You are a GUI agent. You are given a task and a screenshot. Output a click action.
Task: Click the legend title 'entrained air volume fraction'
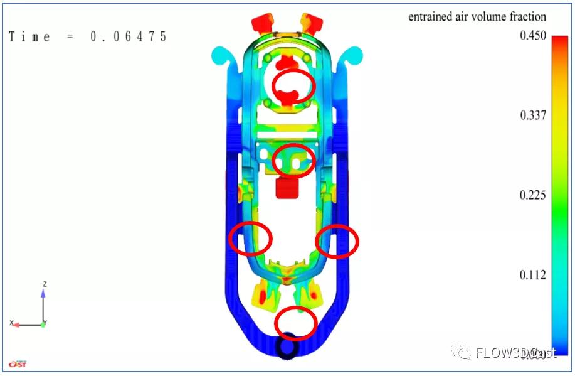pyautogui.click(x=477, y=17)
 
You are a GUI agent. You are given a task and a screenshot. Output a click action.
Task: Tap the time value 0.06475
pyautogui.click(x=129, y=36)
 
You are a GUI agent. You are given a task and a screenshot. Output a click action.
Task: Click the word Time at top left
pyautogui.click(x=29, y=36)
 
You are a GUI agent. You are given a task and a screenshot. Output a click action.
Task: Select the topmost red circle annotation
pyautogui.click(x=293, y=87)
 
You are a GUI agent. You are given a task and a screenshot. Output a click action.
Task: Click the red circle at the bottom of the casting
pyautogui.click(x=295, y=322)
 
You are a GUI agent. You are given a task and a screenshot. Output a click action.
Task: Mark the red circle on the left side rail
pyautogui.click(x=251, y=239)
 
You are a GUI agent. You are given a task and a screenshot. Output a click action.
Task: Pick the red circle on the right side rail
pyautogui.click(x=337, y=240)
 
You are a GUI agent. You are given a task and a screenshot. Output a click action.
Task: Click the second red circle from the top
pyautogui.click(x=294, y=161)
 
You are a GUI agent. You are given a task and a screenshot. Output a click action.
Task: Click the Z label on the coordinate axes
pyautogui.click(x=45, y=284)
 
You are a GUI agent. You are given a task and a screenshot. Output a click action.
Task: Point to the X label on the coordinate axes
pyautogui.click(x=11, y=323)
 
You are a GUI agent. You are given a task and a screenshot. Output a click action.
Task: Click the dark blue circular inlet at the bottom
pyautogui.click(x=288, y=346)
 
